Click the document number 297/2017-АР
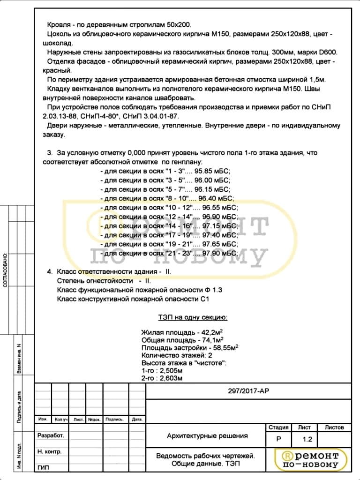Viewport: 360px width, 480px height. point(248,391)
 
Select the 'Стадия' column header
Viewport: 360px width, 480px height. point(278,427)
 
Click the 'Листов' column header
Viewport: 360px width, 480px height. point(334,427)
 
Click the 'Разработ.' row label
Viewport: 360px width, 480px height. point(50,435)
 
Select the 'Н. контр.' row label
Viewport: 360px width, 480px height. point(49,451)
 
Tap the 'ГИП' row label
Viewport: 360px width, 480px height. point(43,467)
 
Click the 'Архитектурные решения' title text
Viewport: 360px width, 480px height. point(207,436)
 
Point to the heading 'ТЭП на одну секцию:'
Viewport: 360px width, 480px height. point(193,318)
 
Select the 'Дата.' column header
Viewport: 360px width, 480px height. point(137,420)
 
